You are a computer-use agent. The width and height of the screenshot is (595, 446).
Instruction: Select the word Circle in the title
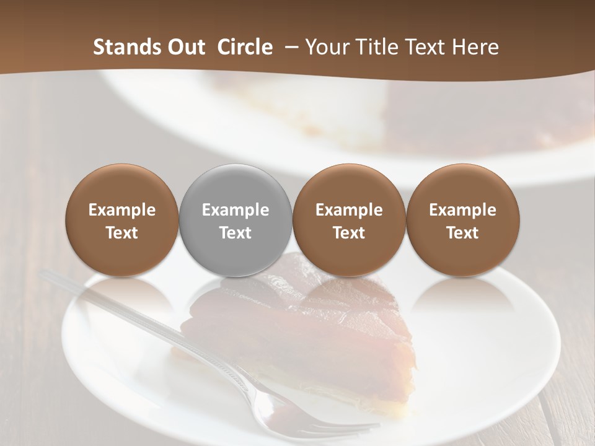click(245, 47)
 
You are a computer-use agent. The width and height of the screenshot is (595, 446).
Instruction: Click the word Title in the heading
click(379, 47)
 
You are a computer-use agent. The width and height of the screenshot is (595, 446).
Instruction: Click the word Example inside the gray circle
click(236, 210)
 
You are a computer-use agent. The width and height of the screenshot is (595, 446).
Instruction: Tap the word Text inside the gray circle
click(236, 233)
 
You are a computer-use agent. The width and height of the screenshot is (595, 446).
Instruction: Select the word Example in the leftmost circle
click(121, 210)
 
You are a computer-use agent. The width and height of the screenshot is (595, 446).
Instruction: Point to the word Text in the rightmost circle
click(462, 233)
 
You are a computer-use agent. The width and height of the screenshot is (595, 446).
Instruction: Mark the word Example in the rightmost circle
click(462, 210)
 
